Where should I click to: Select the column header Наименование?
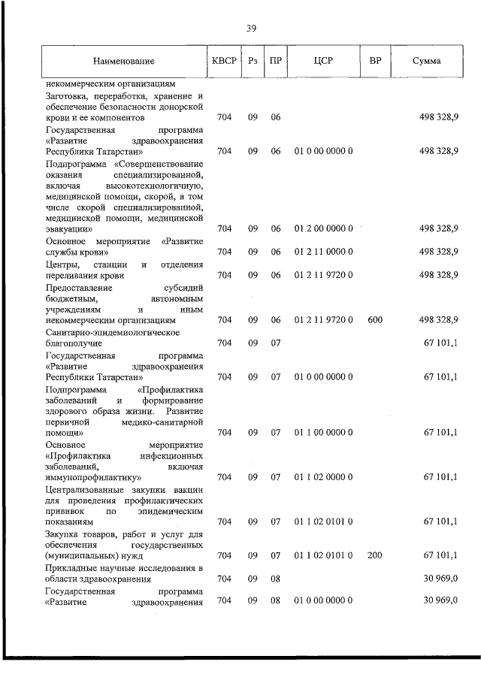tap(124, 61)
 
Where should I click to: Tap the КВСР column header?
tap(223, 61)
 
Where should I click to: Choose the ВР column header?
tap(374, 61)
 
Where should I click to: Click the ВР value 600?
tap(375, 320)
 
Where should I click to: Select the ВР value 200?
tap(375, 555)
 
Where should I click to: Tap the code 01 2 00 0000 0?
tap(323, 228)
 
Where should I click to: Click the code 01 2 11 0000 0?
tap(323, 252)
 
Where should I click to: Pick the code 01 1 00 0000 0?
tap(323, 432)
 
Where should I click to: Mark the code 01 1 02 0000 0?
tap(323, 476)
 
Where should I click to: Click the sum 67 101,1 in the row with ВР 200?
tap(440, 555)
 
